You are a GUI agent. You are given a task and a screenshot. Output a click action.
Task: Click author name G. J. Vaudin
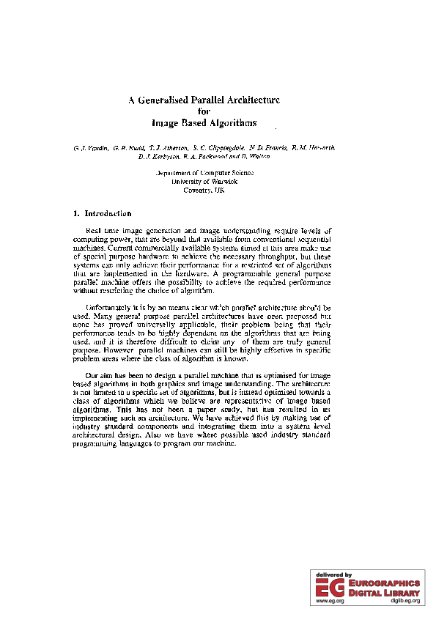[x=91, y=148]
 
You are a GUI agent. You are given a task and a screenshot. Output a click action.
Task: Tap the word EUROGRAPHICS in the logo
[x=386, y=583]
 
